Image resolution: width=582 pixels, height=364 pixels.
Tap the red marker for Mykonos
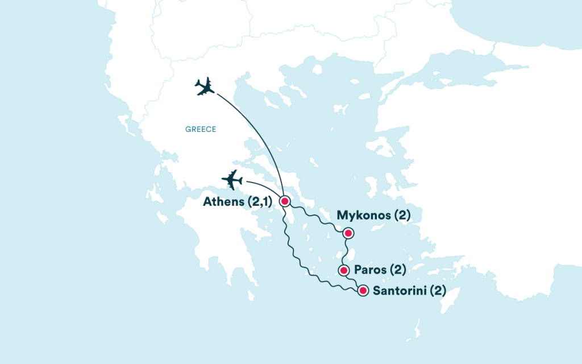click(x=348, y=233)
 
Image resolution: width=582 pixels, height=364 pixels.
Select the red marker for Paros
click(x=343, y=270)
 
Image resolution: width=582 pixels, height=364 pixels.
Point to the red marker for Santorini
click(x=363, y=291)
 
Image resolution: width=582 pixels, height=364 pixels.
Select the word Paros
click(x=369, y=270)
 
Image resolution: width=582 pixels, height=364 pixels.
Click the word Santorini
click(x=398, y=291)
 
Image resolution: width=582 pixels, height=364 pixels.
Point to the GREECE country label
click(x=201, y=130)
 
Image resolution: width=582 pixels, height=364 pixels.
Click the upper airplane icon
click(x=205, y=86)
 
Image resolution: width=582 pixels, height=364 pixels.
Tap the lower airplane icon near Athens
click(x=232, y=180)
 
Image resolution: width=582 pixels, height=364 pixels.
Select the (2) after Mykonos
click(x=402, y=216)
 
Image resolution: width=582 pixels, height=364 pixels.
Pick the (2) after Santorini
click(x=436, y=291)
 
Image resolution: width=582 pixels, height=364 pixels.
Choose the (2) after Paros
click(x=397, y=270)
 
